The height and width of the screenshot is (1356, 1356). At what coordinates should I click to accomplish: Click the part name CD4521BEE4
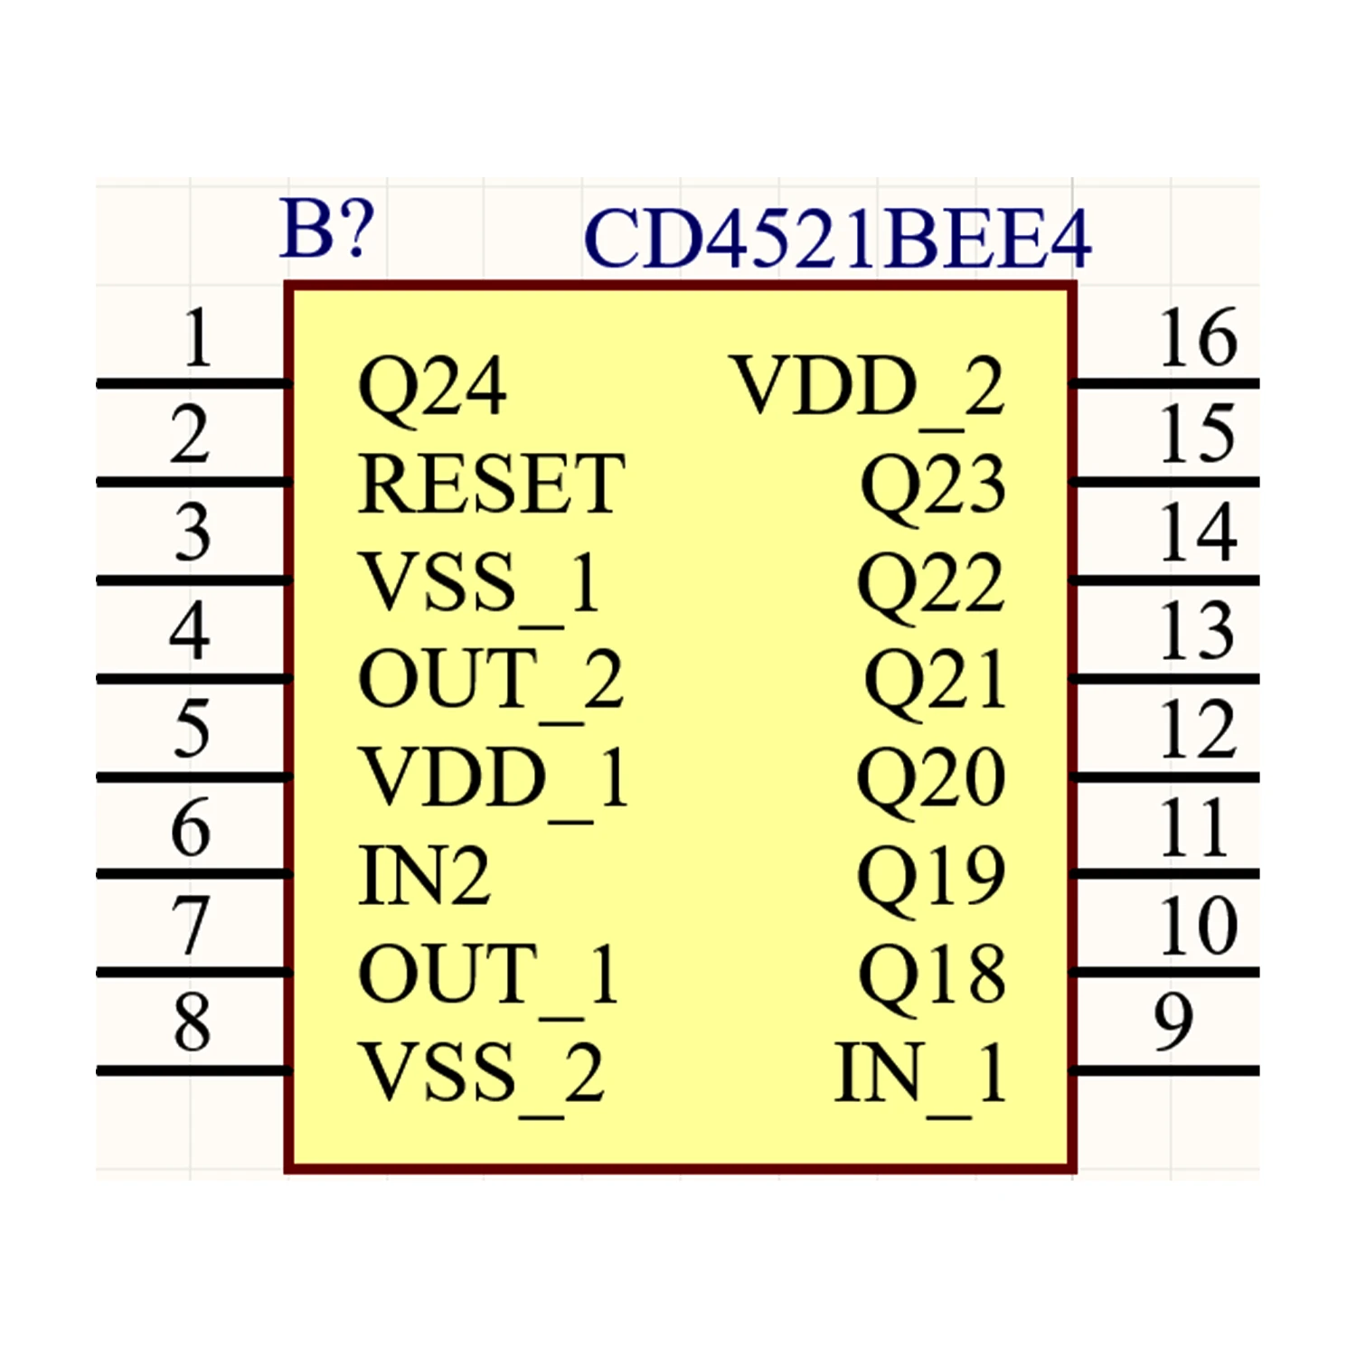pos(838,239)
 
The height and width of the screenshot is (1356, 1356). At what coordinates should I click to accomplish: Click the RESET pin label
pos(491,485)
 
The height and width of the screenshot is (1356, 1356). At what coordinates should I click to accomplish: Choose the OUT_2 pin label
pos(491,683)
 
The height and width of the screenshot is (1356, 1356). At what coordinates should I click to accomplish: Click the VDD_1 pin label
pos(494,782)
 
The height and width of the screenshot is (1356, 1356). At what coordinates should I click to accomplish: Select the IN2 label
pos(425,875)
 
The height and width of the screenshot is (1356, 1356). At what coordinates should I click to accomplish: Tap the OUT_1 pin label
pos(489,978)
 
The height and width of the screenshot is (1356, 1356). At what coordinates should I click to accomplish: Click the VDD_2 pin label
pos(868,391)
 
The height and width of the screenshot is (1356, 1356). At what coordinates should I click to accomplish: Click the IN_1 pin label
pos(920,1077)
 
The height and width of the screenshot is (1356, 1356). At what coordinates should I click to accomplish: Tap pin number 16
pos(1198,338)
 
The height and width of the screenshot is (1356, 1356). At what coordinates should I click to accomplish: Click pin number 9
pos(1173,1022)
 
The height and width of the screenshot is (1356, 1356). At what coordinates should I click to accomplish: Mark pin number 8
pos(193,1022)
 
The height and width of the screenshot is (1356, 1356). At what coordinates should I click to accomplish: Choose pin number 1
pos(197,337)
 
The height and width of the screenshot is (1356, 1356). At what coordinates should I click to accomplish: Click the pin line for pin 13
pos(1164,678)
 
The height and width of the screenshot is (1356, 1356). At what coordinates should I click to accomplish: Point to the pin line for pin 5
pos(193,777)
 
